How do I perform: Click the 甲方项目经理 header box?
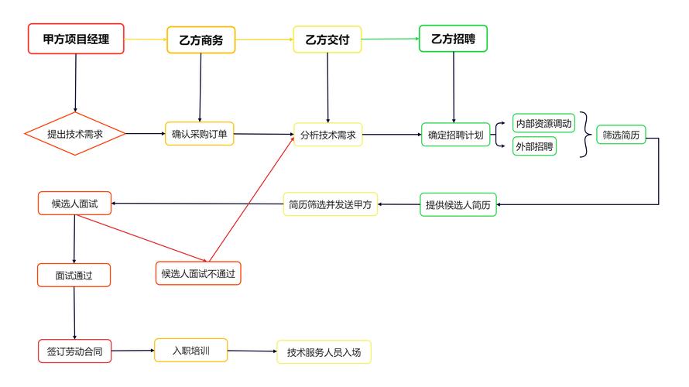pyautogui.click(x=76, y=39)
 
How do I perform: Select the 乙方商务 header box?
pyautogui.click(x=201, y=40)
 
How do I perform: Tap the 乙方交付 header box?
pyautogui.click(x=327, y=39)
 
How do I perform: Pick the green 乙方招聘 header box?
pyautogui.click(x=453, y=39)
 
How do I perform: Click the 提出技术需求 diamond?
pyautogui.click(x=75, y=134)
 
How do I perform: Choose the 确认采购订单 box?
pyautogui.click(x=200, y=134)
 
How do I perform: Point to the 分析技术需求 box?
pyautogui.click(x=327, y=135)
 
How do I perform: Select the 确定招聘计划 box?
pyautogui.click(x=455, y=135)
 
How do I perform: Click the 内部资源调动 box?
pyautogui.click(x=544, y=123)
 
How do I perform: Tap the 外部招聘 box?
pyautogui.click(x=535, y=146)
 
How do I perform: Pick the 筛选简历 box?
pyautogui.click(x=621, y=135)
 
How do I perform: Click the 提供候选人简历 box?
pyautogui.click(x=458, y=205)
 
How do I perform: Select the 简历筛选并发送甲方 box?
pyautogui.click(x=330, y=204)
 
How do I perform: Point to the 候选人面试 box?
pyautogui.click(x=74, y=204)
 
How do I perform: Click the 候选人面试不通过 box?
pyautogui.click(x=198, y=273)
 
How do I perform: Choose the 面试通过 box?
pyautogui.click(x=74, y=275)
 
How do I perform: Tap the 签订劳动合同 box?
pyautogui.click(x=74, y=351)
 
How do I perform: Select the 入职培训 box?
pyautogui.click(x=190, y=351)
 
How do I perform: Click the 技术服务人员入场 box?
pyautogui.click(x=324, y=352)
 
